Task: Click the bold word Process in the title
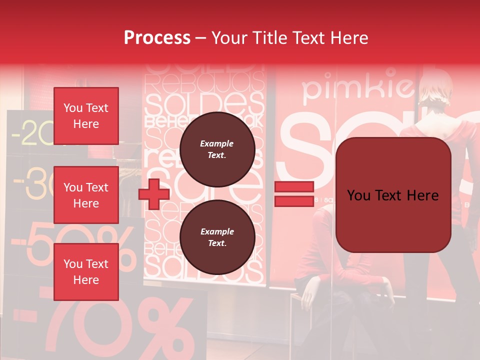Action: (x=157, y=38)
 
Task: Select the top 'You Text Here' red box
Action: (x=86, y=116)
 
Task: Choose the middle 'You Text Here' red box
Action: (x=86, y=195)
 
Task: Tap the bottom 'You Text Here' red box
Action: (x=86, y=271)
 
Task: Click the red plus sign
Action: (x=153, y=194)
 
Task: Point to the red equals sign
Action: (x=294, y=194)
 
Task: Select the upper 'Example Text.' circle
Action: (x=217, y=149)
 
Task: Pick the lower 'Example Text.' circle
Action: (x=217, y=237)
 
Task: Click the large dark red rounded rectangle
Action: (x=393, y=195)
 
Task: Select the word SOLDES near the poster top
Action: (x=203, y=103)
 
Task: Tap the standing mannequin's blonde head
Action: (x=434, y=92)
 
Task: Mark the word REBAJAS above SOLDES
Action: (x=203, y=81)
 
